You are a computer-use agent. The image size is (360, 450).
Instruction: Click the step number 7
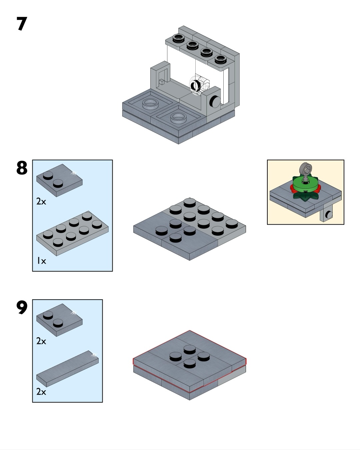click(x=21, y=24)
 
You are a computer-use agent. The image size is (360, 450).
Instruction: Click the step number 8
click(x=21, y=168)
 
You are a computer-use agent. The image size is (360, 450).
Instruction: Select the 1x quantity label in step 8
click(x=41, y=261)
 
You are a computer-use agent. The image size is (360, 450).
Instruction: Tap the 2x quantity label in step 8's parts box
click(x=41, y=201)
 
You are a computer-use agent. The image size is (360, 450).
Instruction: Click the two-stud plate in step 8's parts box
click(x=59, y=180)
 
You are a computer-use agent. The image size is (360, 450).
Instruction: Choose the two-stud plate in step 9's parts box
click(x=59, y=320)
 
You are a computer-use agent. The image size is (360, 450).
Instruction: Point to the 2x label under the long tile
click(x=41, y=391)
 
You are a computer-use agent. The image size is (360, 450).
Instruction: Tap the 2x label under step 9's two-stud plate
click(x=41, y=341)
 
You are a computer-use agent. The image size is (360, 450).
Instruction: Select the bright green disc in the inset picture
click(x=305, y=185)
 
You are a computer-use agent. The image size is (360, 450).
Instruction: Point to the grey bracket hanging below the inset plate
click(x=326, y=215)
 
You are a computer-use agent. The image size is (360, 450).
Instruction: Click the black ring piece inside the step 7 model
click(x=195, y=86)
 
